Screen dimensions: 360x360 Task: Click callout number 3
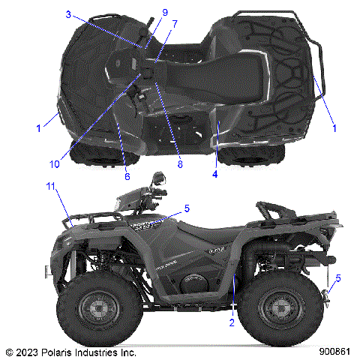[x=67, y=14]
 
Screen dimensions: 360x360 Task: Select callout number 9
[x=165, y=13]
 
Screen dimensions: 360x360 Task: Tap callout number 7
[x=174, y=24]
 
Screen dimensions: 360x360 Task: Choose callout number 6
[x=127, y=176]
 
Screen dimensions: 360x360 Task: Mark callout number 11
[x=51, y=185]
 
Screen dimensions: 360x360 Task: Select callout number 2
[x=232, y=322]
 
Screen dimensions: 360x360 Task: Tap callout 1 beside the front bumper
[x=38, y=128]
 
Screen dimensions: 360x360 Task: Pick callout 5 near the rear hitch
[x=337, y=278]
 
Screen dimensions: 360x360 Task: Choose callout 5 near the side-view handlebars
[x=187, y=208]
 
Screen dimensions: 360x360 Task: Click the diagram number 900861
[x=334, y=351]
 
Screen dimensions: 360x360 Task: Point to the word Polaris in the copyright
[x=59, y=351]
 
